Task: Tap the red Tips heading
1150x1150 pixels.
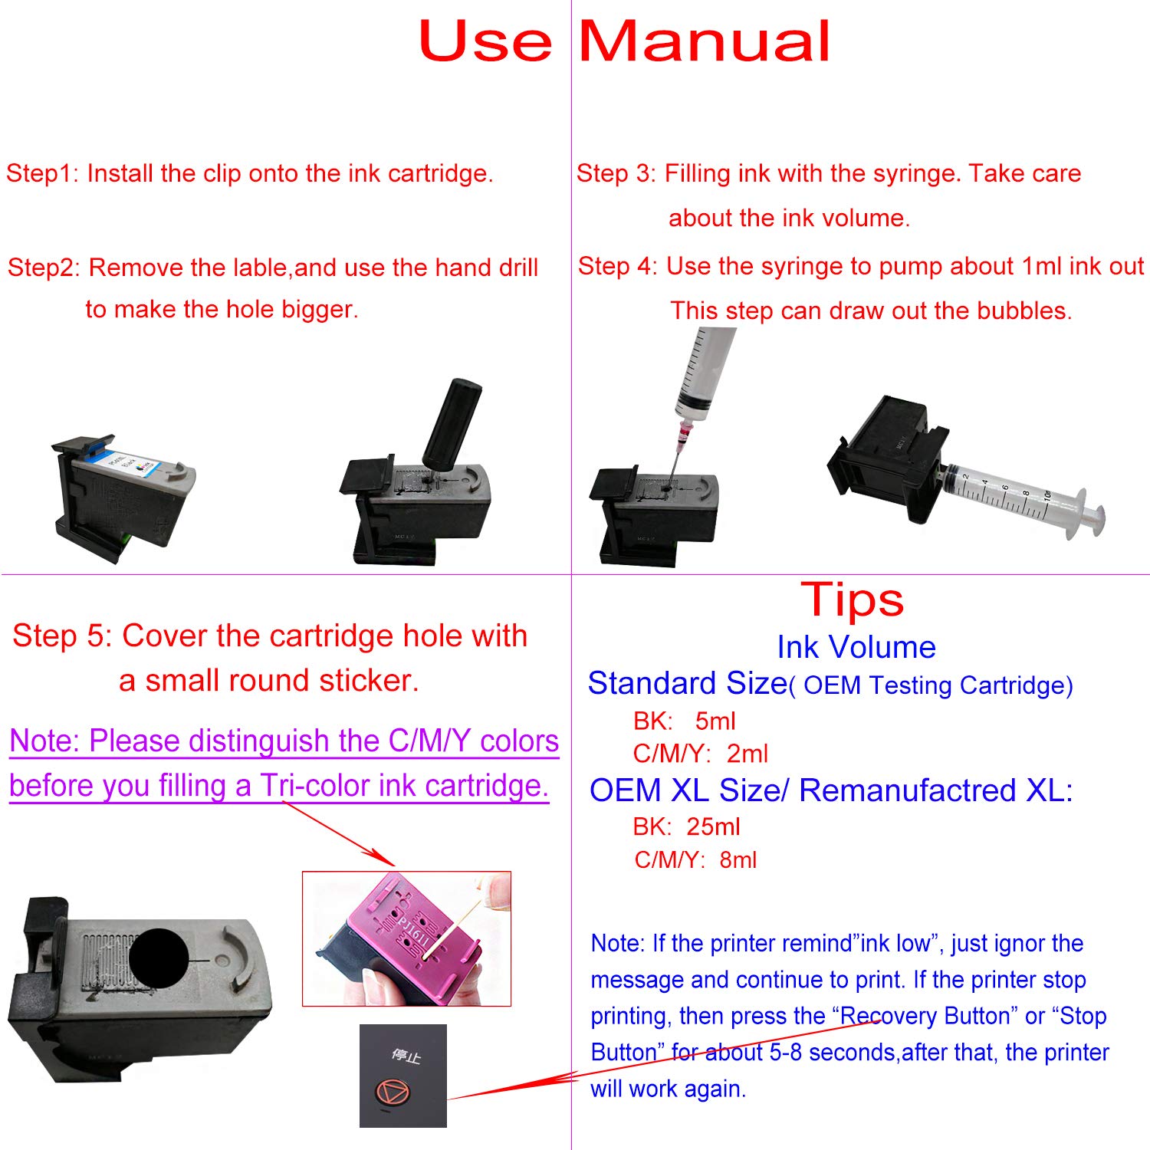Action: pyautogui.click(x=852, y=600)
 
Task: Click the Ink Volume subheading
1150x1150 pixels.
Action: pyautogui.click(x=856, y=647)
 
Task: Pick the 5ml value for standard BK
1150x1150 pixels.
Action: pyautogui.click(x=715, y=721)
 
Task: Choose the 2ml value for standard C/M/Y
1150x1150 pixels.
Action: pyautogui.click(x=747, y=754)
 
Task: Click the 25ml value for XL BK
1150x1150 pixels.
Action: pyautogui.click(x=713, y=826)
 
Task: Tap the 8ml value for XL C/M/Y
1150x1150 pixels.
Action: pyautogui.click(x=738, y=859)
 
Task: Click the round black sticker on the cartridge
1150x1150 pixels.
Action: pyautogui.click(x=159, y=958)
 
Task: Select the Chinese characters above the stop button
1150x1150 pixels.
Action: pyautogui.click(x=406, y=1056)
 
